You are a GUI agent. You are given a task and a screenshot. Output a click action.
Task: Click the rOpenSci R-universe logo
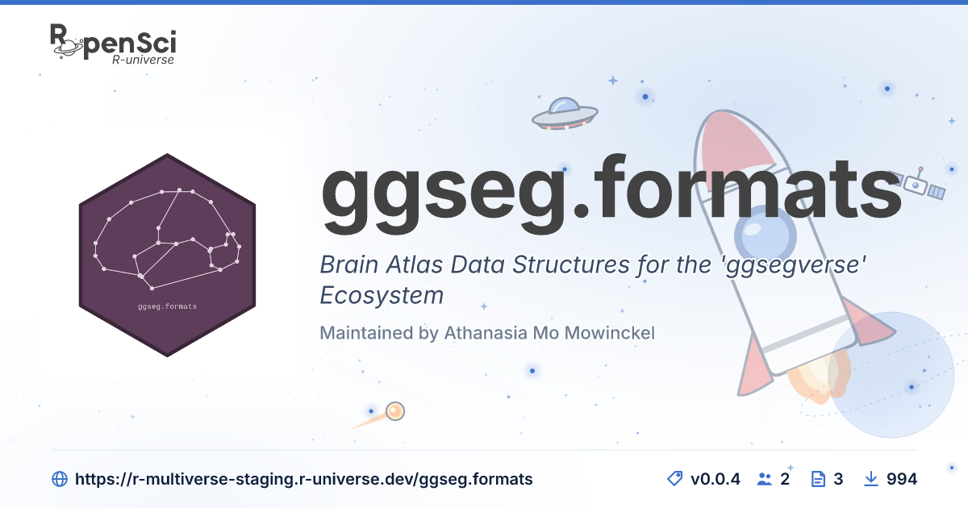pyautogui.click(x=113, y=44)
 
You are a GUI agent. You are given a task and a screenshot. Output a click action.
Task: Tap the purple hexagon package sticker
pyautogui.click(x=167, y=255)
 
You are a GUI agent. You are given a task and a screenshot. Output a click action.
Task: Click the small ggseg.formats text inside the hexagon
pyautogui.click(x=167, y=306)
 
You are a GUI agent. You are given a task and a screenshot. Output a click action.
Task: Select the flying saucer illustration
pyautogui.click(x=565, y=114)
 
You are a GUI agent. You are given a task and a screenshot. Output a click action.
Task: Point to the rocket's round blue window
pyautogui.click(x=766, y=235)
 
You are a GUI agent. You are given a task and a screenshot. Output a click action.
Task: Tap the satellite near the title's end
pyautogui.click(x=918, y=184)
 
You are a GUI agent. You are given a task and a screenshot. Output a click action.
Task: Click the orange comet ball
pyautogui.click(x=395, y=410)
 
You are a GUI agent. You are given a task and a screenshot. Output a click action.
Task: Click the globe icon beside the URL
pyautogui.click(x=60, y=479)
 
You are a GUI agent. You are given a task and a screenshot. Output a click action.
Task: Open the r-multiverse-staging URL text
pyautogui.click(x=304, y=479)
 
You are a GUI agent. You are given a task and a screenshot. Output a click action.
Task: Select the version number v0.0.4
pyautogui.click(x=716, y=479)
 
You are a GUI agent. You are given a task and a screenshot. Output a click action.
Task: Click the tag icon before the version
pyautogui.click(x=674, y=479)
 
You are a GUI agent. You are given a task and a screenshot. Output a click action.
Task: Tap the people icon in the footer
pyautogui.click(x=765, y=479)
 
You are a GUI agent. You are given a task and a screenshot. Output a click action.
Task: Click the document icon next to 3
pyautogui.click(x=818, y=479)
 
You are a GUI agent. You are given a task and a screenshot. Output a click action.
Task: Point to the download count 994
pyautogui.click(x=902, y=479)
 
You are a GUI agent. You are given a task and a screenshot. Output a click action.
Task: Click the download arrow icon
pyautogui.click(x=870, y=479)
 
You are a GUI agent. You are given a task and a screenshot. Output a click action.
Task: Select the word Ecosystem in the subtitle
pyautogui.click(x=382, y=295)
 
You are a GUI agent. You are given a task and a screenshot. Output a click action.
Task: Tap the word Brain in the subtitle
pyautogui.click(x=348, y=264)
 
